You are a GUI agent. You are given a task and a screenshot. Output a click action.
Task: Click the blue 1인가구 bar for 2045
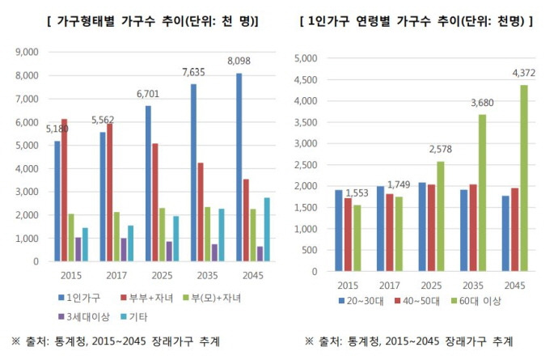coord(239,167)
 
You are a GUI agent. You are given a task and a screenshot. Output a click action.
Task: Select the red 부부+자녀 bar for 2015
coord(64,190)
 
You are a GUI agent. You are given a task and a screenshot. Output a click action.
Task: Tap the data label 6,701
coord(148,94)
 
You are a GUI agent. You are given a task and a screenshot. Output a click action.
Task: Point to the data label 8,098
coord(239,61)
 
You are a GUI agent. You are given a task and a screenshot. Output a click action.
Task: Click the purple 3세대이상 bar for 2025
coord(169,252)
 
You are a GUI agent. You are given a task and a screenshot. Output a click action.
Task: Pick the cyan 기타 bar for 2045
coord(267,230)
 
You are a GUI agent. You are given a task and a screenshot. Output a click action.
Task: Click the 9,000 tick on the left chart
coord(27,52)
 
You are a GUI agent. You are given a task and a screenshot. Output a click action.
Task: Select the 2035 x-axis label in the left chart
coord(208,275)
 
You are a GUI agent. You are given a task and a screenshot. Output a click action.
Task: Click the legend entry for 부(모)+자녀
coord(213,298)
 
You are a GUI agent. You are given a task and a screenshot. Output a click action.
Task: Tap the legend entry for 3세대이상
coord(84,316)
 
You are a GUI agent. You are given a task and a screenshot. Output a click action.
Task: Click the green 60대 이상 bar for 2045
coord(524,178)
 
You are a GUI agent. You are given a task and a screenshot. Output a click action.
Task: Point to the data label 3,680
coord(482,103)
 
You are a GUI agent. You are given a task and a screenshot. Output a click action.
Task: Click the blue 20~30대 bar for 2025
coord(422,227)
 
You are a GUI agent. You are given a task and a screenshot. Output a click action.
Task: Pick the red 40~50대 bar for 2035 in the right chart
coord(473,228)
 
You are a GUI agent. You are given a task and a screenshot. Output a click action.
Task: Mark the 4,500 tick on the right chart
coord(306,80)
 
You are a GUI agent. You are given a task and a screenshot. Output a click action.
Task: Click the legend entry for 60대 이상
coord(476,301)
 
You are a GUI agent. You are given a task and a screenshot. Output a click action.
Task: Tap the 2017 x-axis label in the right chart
coord(389,286)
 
